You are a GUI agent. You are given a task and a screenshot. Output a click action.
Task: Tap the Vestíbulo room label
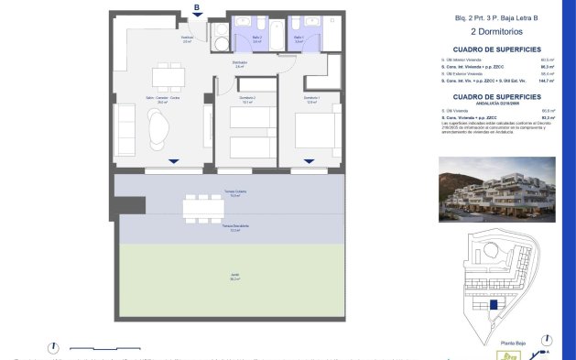(x=187, y=39)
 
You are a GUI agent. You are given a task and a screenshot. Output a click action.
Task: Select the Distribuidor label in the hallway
(x=239, y=65)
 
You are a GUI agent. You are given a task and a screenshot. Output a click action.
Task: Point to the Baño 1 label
(x=299, y=39)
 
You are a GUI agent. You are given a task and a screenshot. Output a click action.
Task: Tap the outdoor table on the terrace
(x=202, y=209)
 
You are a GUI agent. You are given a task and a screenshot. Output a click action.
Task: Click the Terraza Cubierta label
(x=234, y=193)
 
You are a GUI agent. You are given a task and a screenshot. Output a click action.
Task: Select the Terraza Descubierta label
(x=234, y=227)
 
